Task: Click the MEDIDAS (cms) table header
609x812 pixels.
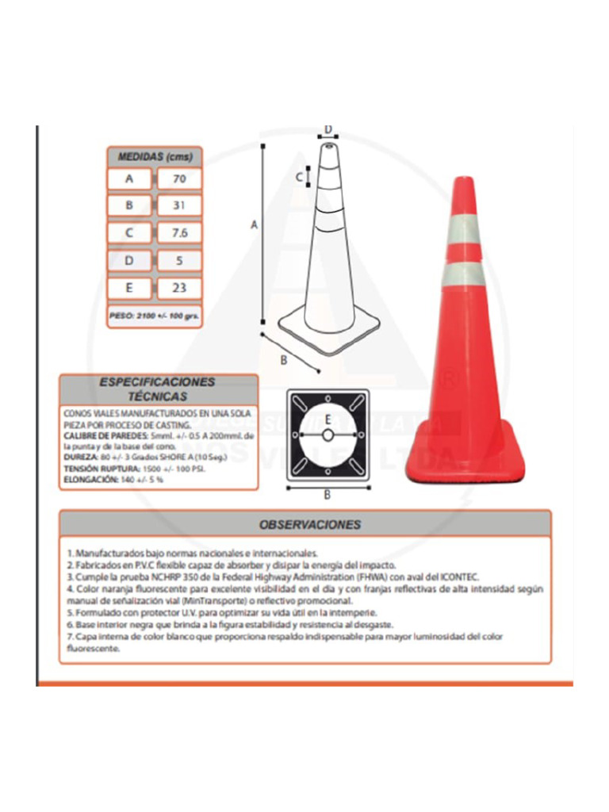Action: click(x=155, y=157)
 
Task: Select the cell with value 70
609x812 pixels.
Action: click(x=179, y=179)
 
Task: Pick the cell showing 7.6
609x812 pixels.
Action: click(x=179, y=233)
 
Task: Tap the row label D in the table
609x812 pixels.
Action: click(x=128, y=260)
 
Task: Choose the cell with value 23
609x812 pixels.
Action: click(x=179, y=288)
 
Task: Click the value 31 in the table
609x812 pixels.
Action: click(x=179, y=206)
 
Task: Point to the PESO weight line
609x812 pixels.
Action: click(x=155, y=315)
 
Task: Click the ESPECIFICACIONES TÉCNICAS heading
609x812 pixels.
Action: click(x=158, y=389)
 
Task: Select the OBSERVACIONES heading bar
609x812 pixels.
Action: click(x=305, y=524)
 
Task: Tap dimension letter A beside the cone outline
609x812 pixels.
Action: click(x=255, y=225)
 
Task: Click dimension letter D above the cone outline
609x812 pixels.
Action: click(x=327, y=131)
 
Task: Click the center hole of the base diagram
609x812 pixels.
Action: click(x=327, y=435)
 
